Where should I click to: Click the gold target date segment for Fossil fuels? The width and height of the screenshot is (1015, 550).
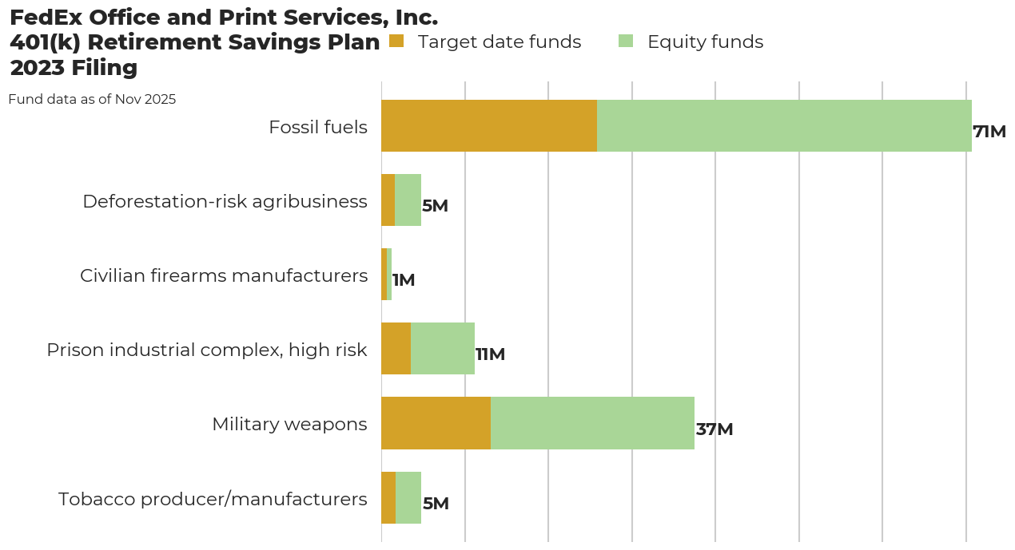489,125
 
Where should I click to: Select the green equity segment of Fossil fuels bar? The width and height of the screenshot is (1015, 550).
784,125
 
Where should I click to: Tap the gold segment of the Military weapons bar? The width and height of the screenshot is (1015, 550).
436,423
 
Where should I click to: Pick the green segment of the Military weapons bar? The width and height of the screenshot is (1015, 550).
592,423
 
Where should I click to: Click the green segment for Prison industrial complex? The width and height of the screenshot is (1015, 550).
443,349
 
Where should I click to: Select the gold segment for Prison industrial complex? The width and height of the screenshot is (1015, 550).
396,349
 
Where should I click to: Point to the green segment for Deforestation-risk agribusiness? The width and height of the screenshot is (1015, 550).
408,200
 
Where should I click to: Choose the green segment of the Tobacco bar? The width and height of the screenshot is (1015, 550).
408,497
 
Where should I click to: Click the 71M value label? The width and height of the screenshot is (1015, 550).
989,132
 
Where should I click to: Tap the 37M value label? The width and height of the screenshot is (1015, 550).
714,429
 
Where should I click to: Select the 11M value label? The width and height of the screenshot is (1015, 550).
490,354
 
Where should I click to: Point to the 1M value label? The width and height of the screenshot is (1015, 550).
404,280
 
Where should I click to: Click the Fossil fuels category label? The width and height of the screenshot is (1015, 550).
318,127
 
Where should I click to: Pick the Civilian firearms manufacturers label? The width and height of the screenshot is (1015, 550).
224,275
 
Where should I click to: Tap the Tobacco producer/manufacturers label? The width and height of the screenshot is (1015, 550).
213,499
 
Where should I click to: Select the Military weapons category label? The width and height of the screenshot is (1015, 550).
289,424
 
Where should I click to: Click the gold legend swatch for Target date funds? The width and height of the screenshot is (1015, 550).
396,41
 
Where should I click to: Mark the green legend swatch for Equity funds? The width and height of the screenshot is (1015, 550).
626,41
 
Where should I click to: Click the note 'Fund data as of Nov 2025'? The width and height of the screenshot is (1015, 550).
92,100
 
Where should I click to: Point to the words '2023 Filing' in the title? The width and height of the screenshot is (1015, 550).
74,68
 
